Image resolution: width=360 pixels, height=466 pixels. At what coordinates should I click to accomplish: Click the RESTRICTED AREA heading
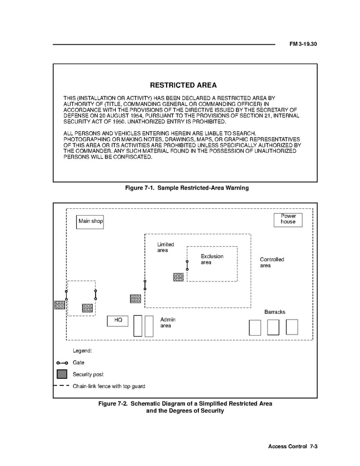[x=183, y=85]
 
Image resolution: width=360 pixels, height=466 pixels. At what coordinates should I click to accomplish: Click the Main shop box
[x=90, y=221]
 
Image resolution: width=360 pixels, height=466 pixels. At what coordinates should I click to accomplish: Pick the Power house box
[x=288, y=219]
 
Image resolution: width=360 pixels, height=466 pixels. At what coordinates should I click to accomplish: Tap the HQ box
[x=118, y=321]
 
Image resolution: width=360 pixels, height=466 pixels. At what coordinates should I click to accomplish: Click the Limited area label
[x=165, y=247]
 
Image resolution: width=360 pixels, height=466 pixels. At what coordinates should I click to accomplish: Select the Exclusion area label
[x=212, y=259]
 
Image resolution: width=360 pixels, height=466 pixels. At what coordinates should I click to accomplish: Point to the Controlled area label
[x=272, y=262]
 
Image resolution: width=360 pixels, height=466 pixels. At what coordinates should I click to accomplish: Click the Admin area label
[x=166, y=323]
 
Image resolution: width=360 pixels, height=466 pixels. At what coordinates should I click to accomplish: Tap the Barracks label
[x=274, y=312]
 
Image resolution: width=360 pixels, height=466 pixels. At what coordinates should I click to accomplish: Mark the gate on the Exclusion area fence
[x=187, y=265]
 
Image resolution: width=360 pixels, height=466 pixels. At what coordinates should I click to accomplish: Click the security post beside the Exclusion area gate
[x=178, y=277]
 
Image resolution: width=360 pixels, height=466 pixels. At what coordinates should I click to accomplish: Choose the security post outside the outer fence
[x=60, y=305]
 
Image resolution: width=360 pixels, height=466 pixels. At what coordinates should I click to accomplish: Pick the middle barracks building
[x=273, y=327]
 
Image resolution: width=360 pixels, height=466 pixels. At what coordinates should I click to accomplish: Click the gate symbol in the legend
[x=62, y=363]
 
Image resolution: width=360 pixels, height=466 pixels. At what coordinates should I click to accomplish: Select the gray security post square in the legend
[x=62, y=374]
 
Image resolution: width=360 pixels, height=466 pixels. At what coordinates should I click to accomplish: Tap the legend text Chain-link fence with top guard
[x=109, y=387]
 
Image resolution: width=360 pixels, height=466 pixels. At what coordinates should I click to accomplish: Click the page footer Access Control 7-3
[x=292, y=447]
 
